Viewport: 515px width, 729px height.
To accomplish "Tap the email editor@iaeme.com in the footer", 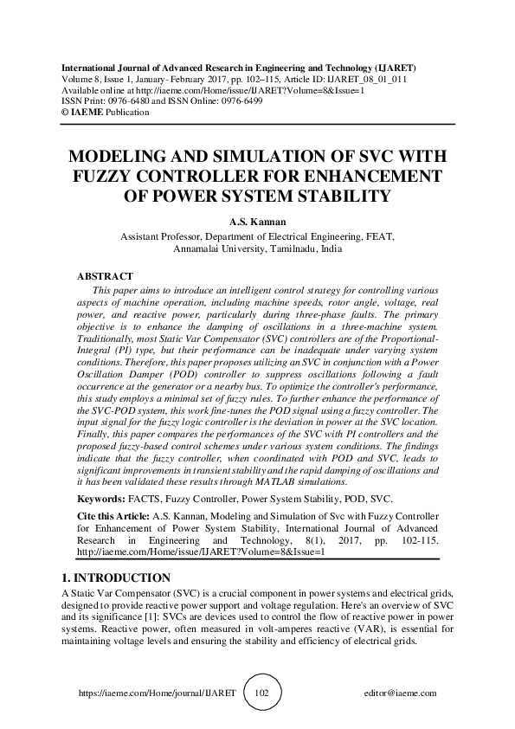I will [x=402, y=694].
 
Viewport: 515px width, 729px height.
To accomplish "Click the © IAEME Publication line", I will [x=93, y=112].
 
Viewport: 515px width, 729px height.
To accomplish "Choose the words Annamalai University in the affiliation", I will [x=216, y=248].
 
